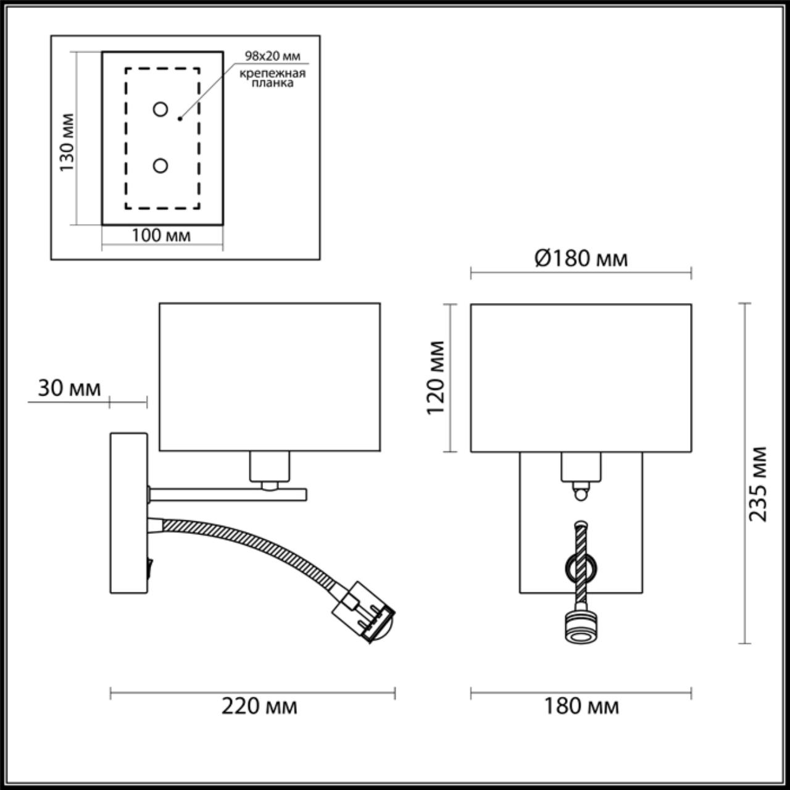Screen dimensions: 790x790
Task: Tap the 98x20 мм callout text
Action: coord(273,56)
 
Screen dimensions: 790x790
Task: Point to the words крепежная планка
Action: coord(272,78)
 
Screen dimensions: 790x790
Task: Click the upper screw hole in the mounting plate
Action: coord(160,109)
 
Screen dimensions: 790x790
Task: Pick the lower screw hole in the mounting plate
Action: coord(160,165)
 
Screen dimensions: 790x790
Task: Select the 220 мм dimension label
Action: coord(259,706)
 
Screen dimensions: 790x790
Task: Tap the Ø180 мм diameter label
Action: coord(581,259)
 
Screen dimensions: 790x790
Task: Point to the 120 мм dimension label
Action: coord(436,378)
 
